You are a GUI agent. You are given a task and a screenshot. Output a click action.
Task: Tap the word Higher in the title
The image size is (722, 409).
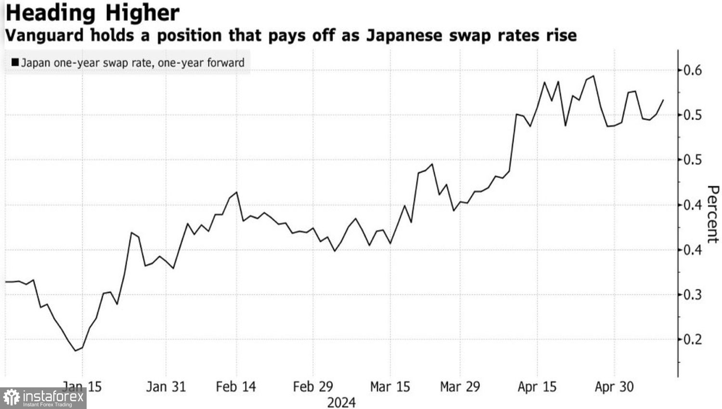click(x=142, y=13)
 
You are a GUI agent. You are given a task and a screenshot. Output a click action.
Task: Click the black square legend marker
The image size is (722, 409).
click(x=15, y=63)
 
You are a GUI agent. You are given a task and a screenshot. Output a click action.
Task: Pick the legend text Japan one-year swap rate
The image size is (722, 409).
click(x=87, y=63)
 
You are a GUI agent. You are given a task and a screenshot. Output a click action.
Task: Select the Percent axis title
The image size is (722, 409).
click(x=713, y=214)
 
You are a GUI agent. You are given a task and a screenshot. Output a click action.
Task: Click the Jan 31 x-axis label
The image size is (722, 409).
click(x=166, y=386)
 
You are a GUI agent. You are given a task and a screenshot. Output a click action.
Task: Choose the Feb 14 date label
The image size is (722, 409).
click(x=236, y=386)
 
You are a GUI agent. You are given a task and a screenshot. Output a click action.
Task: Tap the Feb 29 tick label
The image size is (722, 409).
click(x=313, y=386)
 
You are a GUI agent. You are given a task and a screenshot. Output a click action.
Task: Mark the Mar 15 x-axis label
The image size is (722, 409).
click(x=390, y=386)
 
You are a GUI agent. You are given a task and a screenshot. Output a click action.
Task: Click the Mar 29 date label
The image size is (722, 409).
click(x=460, y=386)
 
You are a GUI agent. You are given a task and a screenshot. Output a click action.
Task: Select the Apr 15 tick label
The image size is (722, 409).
click(x=537, y=386)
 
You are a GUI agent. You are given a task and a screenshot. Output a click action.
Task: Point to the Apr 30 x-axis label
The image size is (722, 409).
click(x=614, y=386)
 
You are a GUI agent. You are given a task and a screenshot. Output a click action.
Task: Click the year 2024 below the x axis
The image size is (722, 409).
click(x=341, y=402)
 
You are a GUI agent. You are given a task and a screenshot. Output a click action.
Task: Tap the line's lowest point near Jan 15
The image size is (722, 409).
click(x=76, y=350)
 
